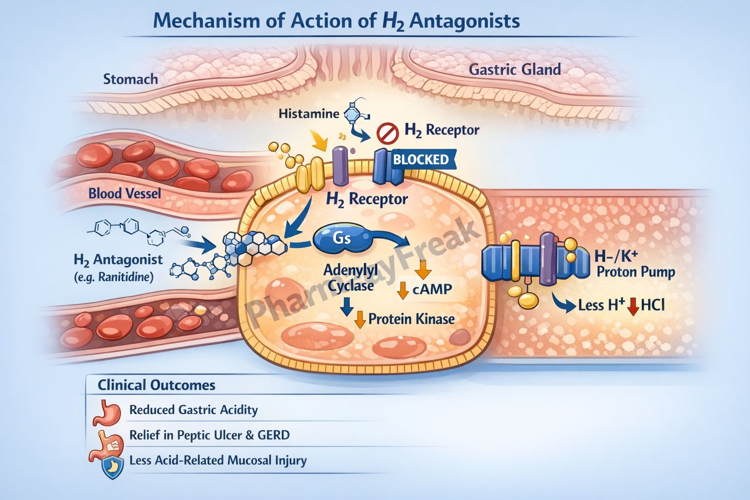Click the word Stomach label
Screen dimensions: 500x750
click(130, 79)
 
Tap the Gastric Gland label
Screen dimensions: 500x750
click(515, 70)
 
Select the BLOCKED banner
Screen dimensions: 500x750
click(421, 160)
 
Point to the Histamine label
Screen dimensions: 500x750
click(309, 114)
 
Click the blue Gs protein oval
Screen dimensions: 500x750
click(342, 238)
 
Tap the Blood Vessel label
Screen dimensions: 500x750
click(125, 194)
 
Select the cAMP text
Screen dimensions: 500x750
click(432, 289)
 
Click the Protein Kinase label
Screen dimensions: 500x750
click(411, 319)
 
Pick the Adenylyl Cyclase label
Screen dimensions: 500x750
click(351, 277)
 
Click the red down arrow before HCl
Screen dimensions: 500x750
click(633, 306)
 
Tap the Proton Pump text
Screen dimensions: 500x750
click(636, 272)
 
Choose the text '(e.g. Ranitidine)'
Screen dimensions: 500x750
click(114, 278)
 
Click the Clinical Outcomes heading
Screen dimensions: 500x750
click(156, 385)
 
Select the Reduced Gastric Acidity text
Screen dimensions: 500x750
click(193, 410)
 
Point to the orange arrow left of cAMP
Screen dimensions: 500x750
click(403, 290)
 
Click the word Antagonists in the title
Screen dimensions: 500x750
click(464, 21)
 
